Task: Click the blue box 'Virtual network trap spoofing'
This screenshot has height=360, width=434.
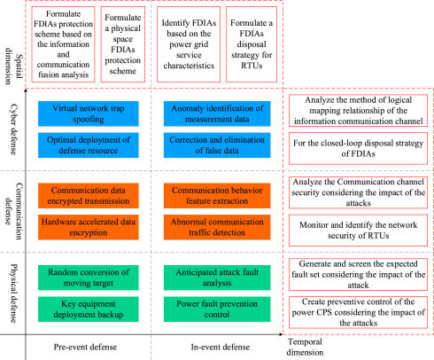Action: (89, 113)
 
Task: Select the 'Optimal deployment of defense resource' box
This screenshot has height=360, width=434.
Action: (89, 145)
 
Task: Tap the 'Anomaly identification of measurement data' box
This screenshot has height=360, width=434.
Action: (217, 113)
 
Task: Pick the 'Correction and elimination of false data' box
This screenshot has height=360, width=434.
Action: (217, 145)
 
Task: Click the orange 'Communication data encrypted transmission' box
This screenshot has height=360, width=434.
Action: (89, 196)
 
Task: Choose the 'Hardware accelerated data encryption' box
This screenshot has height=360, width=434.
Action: (89, 227)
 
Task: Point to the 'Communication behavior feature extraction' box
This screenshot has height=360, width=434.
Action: (217, 196)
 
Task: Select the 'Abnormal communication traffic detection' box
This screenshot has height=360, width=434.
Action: (217, 227)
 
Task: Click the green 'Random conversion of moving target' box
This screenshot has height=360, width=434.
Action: (89, 278)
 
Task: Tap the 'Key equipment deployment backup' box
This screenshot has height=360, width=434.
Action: (89, 309)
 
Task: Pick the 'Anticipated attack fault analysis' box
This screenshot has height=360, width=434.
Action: (217, 278)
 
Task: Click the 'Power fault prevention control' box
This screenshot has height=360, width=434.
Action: (217, 309)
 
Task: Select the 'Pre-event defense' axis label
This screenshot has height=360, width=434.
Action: (85, 347)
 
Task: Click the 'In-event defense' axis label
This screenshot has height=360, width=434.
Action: (221, 347)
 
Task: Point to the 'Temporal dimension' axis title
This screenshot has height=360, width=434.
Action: (305, 347)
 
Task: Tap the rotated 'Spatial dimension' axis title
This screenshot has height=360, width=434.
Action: (13, 66)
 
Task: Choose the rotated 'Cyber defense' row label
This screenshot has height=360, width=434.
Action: (13, 129)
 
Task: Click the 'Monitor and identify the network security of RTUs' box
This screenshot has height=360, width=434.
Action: (358, 231)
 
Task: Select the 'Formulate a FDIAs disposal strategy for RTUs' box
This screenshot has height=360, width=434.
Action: (252, 44)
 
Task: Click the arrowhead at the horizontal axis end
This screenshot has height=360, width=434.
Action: (281, 334)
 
